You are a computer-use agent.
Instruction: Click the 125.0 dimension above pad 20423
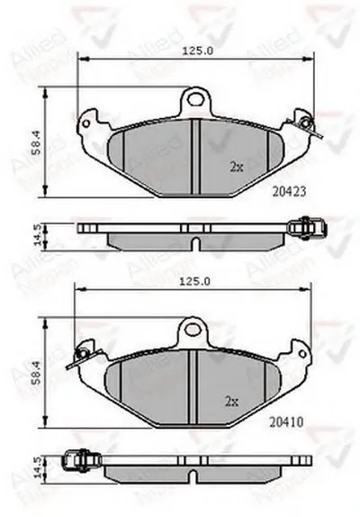point(196,51)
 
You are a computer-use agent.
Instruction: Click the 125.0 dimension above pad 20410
point(196,282)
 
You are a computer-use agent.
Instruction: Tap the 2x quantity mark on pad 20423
point(235,168)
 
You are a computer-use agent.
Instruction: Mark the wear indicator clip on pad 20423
point(309,123)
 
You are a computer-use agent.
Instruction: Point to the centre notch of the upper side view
point(196,241)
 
